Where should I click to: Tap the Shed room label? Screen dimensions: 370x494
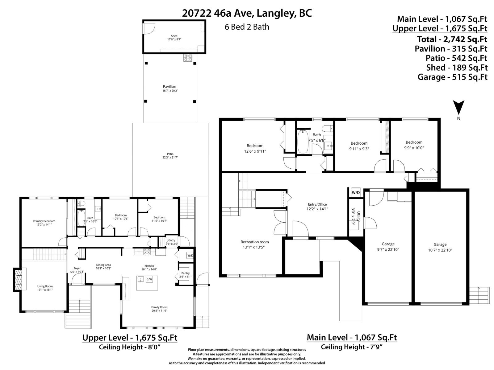[174, 36]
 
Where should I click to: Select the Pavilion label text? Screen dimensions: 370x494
[170, 87]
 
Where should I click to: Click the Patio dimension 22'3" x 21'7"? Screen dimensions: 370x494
[170, 158]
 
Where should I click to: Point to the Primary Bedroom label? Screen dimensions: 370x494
[44, 221]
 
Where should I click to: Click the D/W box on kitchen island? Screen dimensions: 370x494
[149, 280]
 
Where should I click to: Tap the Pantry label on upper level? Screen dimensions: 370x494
[185, 273]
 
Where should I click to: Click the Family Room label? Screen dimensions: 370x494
[159, 307]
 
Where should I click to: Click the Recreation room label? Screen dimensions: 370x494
[255, 242]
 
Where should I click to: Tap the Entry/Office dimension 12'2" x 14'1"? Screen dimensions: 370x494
[317, 209]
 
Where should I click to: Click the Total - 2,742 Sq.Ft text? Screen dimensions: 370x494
[452, 39]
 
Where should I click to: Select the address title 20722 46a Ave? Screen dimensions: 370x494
[247, 13]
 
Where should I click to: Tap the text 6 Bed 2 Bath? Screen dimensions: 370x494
[247, 27]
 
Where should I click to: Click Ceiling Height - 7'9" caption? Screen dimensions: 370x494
[352, 347]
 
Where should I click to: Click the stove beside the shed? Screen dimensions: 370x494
[187, 58]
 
